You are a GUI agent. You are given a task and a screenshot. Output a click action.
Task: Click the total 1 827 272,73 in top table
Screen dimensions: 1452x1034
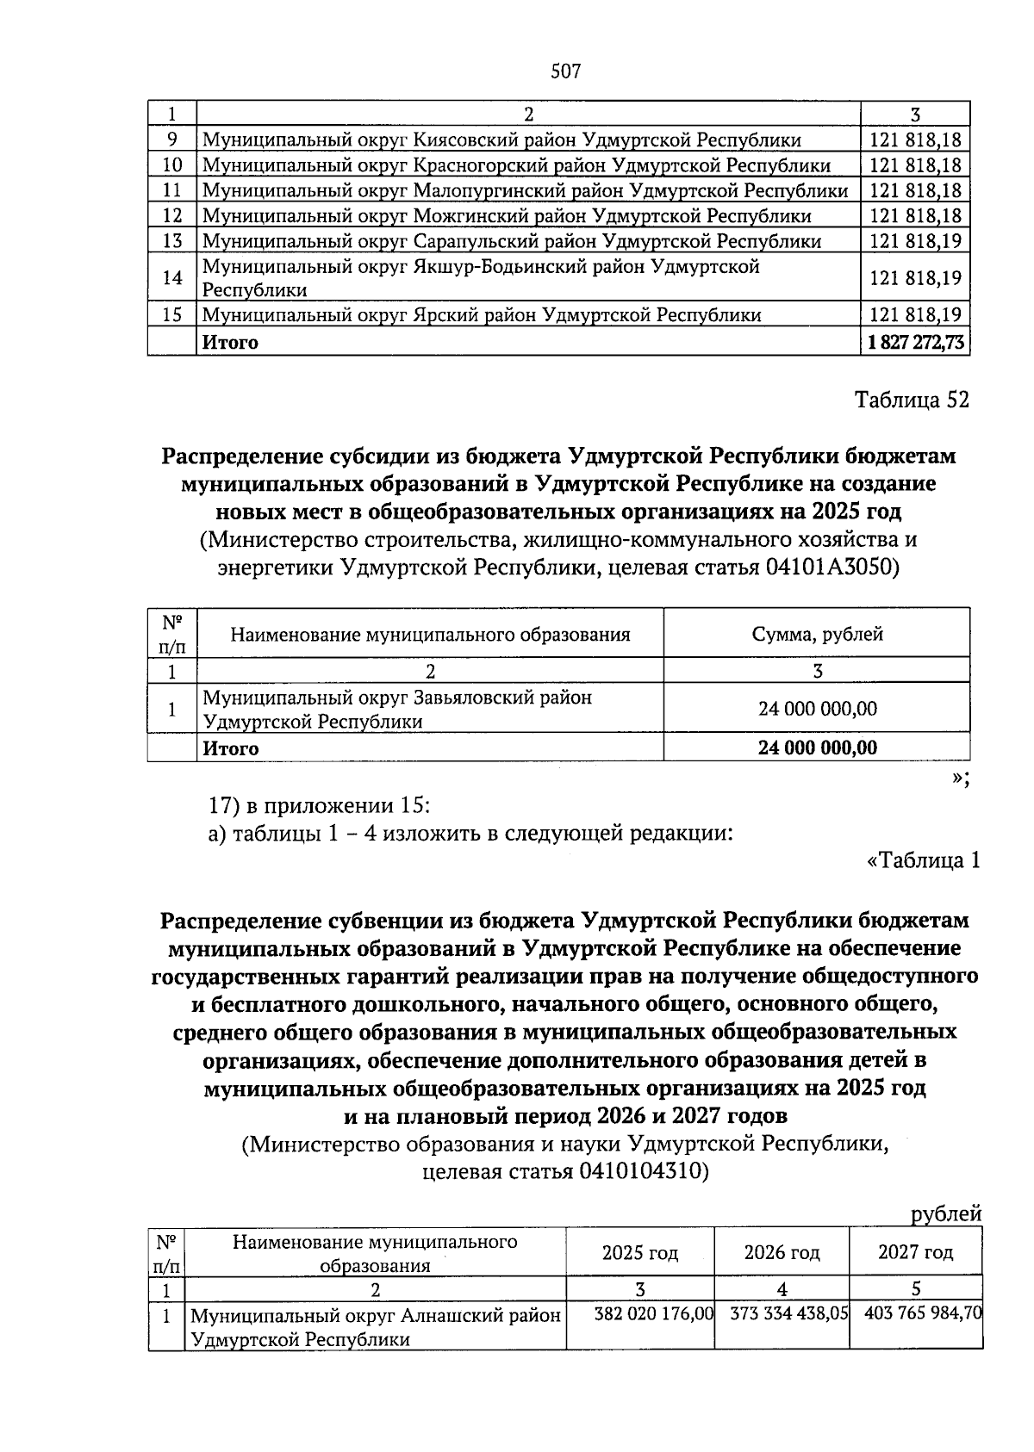click(x=915, y=342)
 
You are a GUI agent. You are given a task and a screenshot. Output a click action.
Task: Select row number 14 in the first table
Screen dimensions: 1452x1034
click(x=172, y=277)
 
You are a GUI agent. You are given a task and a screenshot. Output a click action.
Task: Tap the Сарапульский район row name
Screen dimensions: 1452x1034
click(x=511, y=241)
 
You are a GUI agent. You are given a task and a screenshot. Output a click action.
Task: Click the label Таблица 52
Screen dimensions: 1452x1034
click(x=912, y=400)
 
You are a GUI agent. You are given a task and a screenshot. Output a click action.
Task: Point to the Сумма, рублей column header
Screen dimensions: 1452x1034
click(x=817, y=635)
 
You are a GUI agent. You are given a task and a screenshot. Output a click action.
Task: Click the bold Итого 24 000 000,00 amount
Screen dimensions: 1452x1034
click(x=817, y=748)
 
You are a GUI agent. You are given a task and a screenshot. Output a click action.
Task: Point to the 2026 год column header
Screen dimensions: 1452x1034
click(x=782, y=1252)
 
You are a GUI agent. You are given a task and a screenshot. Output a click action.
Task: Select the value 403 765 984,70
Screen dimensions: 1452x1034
click(x=917, y=1314)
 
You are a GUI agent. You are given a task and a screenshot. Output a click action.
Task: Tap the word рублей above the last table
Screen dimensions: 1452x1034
click(x=946, y=1213)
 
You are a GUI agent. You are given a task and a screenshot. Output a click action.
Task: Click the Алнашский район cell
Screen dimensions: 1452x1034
click(x=375, y=1327)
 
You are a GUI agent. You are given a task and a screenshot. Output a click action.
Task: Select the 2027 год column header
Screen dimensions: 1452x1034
click(x=915, y=1252)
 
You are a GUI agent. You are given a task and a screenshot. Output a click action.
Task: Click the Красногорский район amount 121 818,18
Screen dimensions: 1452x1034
click(x=915, y=165)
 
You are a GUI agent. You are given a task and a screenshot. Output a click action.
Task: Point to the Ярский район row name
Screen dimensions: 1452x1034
click(x=481, y=315)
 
